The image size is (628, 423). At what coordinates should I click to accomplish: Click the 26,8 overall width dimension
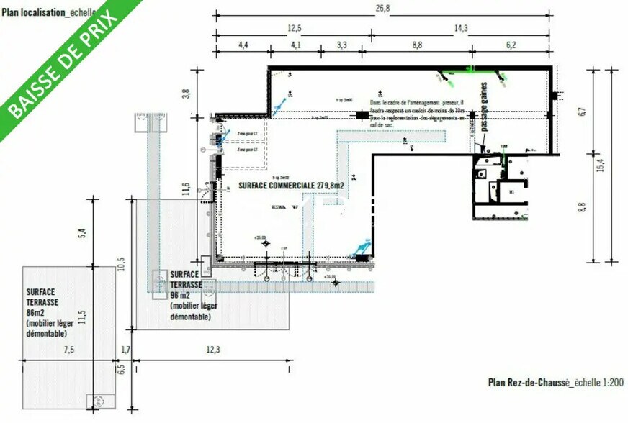(382, 8)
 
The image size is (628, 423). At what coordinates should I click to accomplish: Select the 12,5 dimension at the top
(293, 28)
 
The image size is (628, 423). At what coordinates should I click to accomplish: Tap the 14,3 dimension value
(461, 28)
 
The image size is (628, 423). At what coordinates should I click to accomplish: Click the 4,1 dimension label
(295, 45)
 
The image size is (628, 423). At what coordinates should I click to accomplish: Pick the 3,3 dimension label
(342, 45)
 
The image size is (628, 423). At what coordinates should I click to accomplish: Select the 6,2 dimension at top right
(511, 45)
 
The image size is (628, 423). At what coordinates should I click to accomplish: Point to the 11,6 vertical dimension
(185, 189)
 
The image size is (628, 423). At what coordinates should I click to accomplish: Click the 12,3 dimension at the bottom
(212, 350)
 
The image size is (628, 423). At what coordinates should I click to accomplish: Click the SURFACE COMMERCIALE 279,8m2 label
(291, 186)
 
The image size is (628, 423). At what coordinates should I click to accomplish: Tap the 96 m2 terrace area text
(181, 295)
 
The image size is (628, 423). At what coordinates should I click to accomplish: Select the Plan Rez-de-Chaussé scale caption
(555, 383)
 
